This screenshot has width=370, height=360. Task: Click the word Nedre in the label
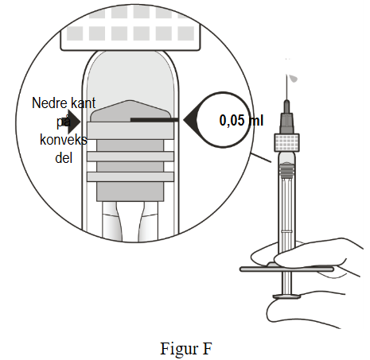(47, 103)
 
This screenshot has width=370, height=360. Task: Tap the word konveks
(64, 140)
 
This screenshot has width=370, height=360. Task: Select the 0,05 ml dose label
(241, 121)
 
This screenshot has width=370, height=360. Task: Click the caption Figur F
(186, 349)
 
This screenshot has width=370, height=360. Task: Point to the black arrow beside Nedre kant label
(74, 122)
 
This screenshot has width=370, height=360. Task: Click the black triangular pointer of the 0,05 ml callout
(190, 120)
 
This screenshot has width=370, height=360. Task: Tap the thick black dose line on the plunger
(154, 120)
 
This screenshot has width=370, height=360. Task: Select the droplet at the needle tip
(294, 79)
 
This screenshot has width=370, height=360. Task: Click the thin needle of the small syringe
(286, 87)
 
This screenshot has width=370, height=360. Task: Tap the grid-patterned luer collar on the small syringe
(286, 142)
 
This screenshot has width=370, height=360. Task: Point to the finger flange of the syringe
(286, 269)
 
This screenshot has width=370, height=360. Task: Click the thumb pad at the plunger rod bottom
(287, 296)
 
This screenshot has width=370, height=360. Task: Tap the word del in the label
(64, 158)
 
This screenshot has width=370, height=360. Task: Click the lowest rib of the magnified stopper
(130, 176)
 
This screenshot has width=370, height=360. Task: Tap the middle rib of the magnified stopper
(130, 157)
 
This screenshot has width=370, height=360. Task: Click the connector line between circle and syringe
(261, 157)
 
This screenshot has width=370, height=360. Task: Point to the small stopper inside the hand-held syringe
(286, 169)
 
